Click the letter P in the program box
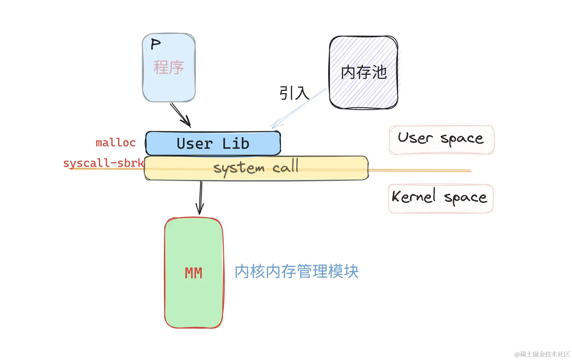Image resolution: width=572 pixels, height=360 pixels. (x=156, y=44)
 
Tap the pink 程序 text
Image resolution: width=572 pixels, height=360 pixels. (x=168, y=67)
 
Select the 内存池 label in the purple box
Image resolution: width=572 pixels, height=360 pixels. (x=364, y=72)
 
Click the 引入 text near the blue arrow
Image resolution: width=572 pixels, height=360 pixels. (x=294, y=93)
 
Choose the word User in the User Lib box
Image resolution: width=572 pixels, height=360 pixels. (x=194, y=144)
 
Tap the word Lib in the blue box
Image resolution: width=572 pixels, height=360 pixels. (x=236, y=144)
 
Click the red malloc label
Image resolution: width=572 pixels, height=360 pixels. (x=116, y=142)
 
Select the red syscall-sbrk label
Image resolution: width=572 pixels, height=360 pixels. (x=103, y=163)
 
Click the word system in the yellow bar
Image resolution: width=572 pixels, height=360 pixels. (x=239, y=168)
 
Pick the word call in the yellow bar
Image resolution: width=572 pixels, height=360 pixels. (x=285, y=167)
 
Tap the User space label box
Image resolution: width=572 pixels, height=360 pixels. (x=441, y=139)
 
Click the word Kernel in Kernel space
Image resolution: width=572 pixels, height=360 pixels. (x=414, y=196)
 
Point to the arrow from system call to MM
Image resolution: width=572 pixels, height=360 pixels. (x=200, y=198)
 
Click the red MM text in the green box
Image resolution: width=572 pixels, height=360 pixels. (x=193, y=273)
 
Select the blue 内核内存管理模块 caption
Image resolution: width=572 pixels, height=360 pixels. (x=297, y=271)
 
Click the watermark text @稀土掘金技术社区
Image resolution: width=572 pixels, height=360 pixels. (x=542, y=354)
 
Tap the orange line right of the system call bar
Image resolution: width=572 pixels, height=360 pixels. (x=420, y=171)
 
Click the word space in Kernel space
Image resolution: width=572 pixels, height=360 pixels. (x=466, y=198)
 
